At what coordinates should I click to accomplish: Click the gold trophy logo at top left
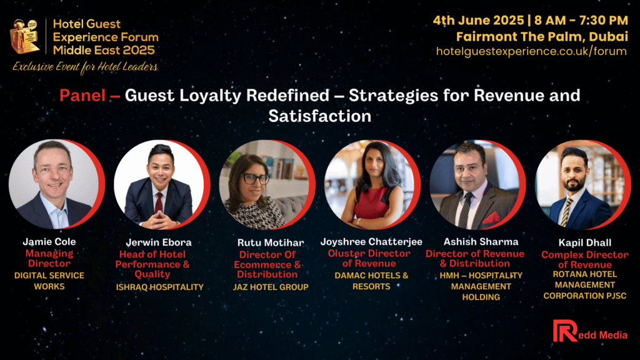point(25,36)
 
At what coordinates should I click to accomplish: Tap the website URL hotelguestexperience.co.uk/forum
point(531,51)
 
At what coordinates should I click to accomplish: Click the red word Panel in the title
point(82,96)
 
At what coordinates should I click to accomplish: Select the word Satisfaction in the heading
point(320,116)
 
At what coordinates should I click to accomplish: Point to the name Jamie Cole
point(49,242)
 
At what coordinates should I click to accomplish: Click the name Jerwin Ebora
point(159,242)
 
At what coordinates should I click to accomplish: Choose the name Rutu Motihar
point(271,243)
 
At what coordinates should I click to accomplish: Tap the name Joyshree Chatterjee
point(371,242)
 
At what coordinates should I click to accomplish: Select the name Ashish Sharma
point(481,242)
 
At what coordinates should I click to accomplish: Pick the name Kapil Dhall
point(585,243)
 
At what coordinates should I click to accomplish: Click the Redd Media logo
point(590,331)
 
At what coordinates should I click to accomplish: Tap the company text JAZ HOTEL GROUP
point(271,287)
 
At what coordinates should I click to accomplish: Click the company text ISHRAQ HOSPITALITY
point(159,287)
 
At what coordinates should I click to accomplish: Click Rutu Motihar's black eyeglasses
point(254,178)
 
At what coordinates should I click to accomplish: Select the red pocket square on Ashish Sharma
point(491,217)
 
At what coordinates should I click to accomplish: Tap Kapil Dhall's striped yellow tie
point(566,212)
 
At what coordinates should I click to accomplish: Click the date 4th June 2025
point(478,21)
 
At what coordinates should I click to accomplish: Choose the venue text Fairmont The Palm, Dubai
point(542,37)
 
